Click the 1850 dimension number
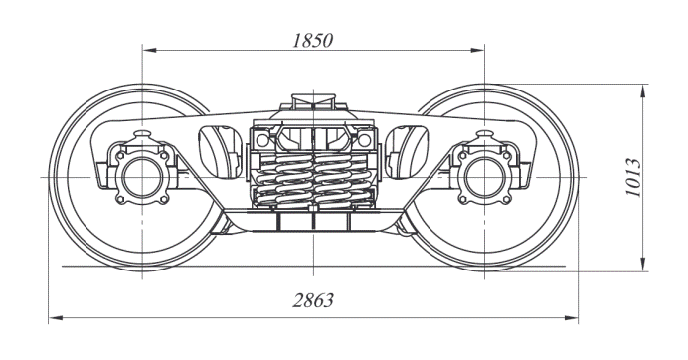point(313,41)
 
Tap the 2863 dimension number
point(313,300)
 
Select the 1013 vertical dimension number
point(633,177)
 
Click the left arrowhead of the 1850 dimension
point(149,50)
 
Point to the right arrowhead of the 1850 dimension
point(477,50)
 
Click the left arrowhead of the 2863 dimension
point(56,317)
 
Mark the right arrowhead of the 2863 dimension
point(571,317)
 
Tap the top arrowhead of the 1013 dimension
point(643,91)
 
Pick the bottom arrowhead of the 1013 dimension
point(643,264)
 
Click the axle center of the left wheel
point(142,177)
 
